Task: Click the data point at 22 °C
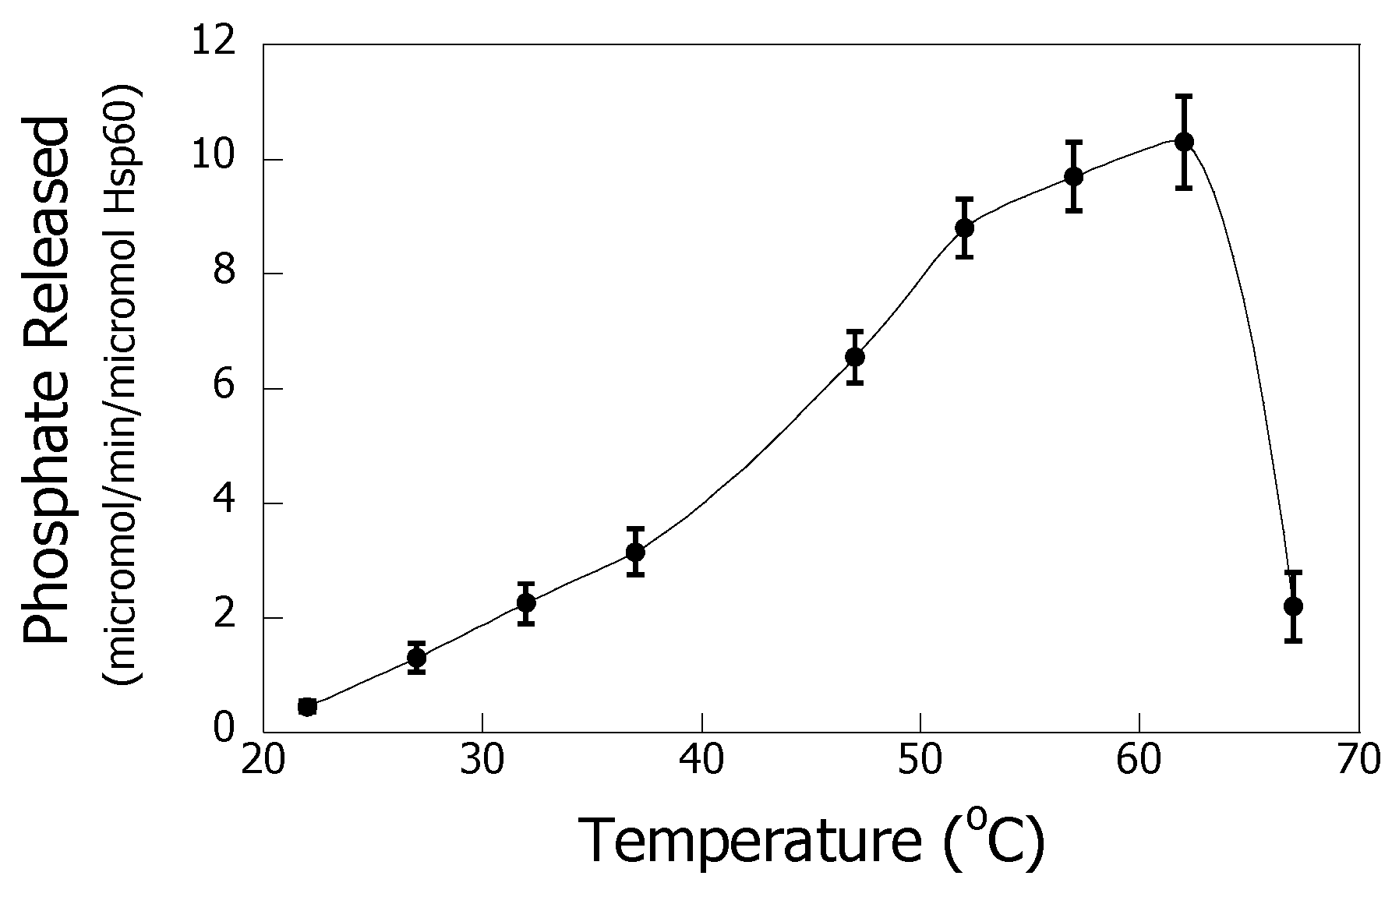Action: tap(307, 707)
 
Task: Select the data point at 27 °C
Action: tap(417, 658)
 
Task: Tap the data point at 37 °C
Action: tap(636, 552)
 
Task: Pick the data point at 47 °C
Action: tap(855, 357)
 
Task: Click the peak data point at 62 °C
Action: tap(1184, 142)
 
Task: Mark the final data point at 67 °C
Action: tap(1294, 606)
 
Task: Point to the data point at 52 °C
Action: tap(965, 228)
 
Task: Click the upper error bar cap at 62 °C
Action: tap(1184, 96)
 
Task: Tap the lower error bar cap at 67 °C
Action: tap(1294, 641)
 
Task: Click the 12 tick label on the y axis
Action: tap(213, 43)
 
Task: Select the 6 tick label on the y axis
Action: tap(223, 387)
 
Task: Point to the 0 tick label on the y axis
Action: tap(223, 729)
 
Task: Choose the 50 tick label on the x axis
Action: tap(920, 758)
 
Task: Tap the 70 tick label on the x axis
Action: tap(1358, 758)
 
